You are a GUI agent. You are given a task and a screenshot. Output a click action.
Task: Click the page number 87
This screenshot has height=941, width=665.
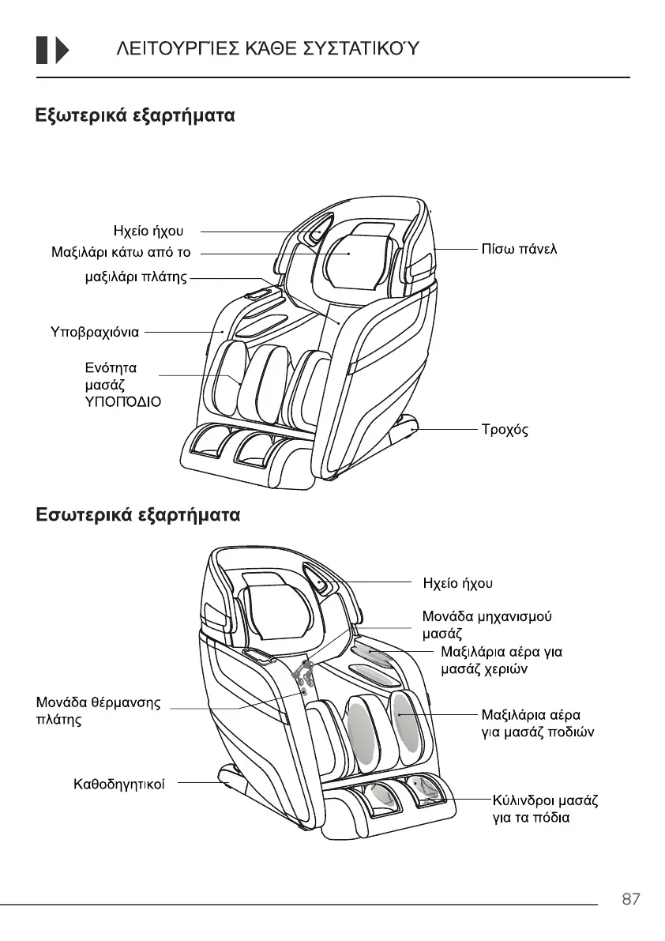[x=630, y=899]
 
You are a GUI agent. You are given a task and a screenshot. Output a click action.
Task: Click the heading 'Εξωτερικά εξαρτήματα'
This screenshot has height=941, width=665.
[x=135, y=116]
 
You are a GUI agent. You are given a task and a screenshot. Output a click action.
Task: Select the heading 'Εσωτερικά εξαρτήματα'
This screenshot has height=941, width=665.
[x=137, y=515]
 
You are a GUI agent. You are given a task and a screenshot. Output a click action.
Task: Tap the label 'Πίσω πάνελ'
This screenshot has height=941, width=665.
[x=519, y=250]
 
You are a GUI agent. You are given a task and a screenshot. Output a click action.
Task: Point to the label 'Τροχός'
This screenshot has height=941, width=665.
[x=505, y=431]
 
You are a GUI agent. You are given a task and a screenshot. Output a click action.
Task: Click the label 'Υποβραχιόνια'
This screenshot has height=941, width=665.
[x=95, y=332]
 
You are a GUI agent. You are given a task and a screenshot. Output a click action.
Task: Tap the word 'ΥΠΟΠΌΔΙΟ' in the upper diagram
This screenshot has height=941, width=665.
[x=122, y=401]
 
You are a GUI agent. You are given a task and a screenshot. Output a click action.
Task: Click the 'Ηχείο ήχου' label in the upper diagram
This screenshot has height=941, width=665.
[x=148, y=231]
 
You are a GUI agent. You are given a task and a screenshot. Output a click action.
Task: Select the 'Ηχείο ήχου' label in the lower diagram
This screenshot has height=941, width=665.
[x=458, y=583]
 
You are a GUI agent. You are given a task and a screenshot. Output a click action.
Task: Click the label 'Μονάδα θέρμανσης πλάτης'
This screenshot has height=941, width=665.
[x=99, y=711]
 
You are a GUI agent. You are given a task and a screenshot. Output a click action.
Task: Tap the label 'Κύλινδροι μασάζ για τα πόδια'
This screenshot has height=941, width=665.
[x=544, y=809]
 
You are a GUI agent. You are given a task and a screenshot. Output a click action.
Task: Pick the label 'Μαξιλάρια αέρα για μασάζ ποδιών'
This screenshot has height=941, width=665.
[x=537, y=724]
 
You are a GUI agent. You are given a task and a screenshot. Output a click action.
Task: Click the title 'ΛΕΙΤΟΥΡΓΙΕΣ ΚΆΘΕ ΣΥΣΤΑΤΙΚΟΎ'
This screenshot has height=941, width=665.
[x=267, y=50]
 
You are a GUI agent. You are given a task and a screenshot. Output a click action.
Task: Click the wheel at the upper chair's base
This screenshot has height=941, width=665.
[x=413, y=427]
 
